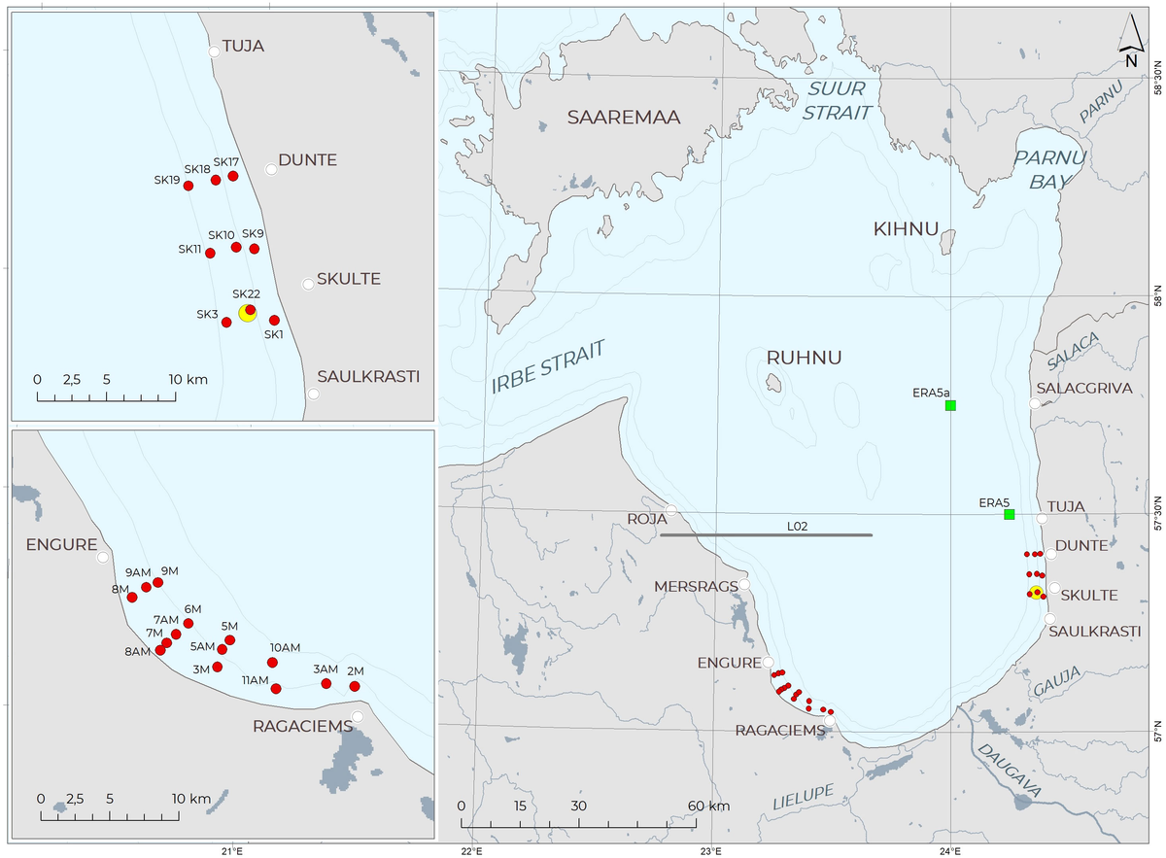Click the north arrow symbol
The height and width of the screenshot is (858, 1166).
pyautogui.click(x=1130, y=41)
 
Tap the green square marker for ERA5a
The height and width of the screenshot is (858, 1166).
pyautogui.click(x=950, y=405)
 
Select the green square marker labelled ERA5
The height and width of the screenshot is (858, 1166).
pyautogui.click(x=1010, y=514)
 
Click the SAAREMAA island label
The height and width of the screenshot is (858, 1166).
pyautogui.click(x=624, y=118)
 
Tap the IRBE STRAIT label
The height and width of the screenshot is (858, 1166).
pyautogui.click(x=549, y=367)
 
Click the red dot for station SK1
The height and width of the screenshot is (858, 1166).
pyautogui.click(x=274, y=320)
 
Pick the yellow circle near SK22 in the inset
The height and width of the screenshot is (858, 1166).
pyautogui.click(x=247, y=312)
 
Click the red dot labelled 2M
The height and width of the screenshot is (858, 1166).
pyautogui.click(x=355, y=686)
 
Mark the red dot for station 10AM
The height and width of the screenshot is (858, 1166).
pyautogui.click(x=272, y=663)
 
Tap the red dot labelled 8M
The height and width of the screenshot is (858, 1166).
pyautogui.click(x=132, y=597)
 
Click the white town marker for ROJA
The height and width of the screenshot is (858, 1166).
pyautogui.click(x=670, y=511)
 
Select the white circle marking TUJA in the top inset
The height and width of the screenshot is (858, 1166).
pyautogui.click(x=214, y=51)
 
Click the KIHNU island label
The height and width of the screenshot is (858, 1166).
pyautogui.click(x=906, y=230)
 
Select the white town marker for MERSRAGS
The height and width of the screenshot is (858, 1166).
pyautogui.click(x=744, y=585)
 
